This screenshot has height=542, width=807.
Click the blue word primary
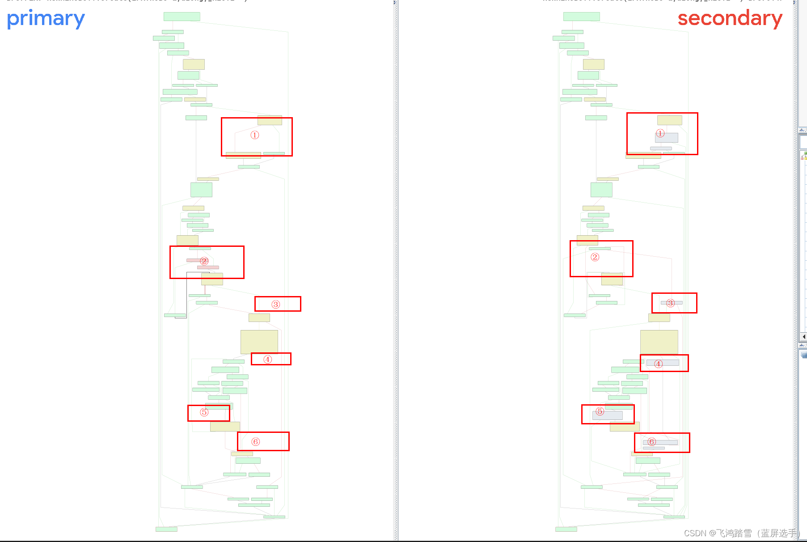[46, 19]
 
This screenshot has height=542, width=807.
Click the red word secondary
[730, 19]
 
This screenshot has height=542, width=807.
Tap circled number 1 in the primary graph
[255, 135]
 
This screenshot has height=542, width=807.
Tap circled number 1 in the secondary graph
[660, 133]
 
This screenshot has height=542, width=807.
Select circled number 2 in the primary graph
[204, 261]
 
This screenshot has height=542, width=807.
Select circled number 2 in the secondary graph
[595, 257]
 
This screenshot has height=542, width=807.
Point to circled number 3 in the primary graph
[276, 305]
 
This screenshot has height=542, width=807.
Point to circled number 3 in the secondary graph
[670, 303]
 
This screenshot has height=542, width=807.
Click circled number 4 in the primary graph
[267, 360]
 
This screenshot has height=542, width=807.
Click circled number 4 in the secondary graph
[658, 364]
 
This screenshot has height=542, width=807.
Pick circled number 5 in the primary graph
[204, 412]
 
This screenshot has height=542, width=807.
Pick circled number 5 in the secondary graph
[600, 411]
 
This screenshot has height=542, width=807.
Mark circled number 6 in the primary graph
[256, 442]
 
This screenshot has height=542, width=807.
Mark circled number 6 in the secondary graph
[652, 442]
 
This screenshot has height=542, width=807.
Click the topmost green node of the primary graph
[182, 17]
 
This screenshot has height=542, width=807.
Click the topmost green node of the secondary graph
[581, 17]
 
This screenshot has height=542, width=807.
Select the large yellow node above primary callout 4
[259, 342]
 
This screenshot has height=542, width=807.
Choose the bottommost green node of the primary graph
[166, 529]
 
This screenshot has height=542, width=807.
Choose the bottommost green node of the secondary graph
[566, 529]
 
